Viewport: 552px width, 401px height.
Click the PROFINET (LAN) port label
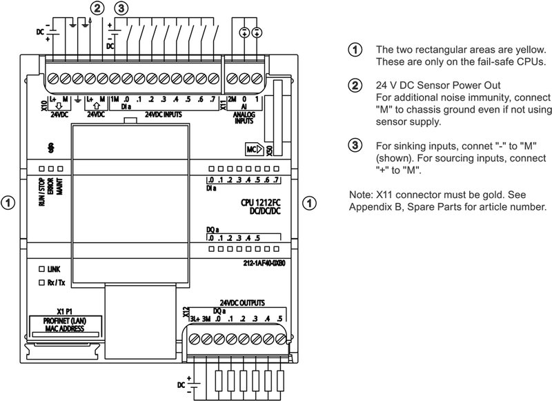(67, 320)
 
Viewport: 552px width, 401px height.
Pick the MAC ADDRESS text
(67, 329)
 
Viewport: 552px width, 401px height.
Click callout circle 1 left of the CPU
(8, 204)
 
